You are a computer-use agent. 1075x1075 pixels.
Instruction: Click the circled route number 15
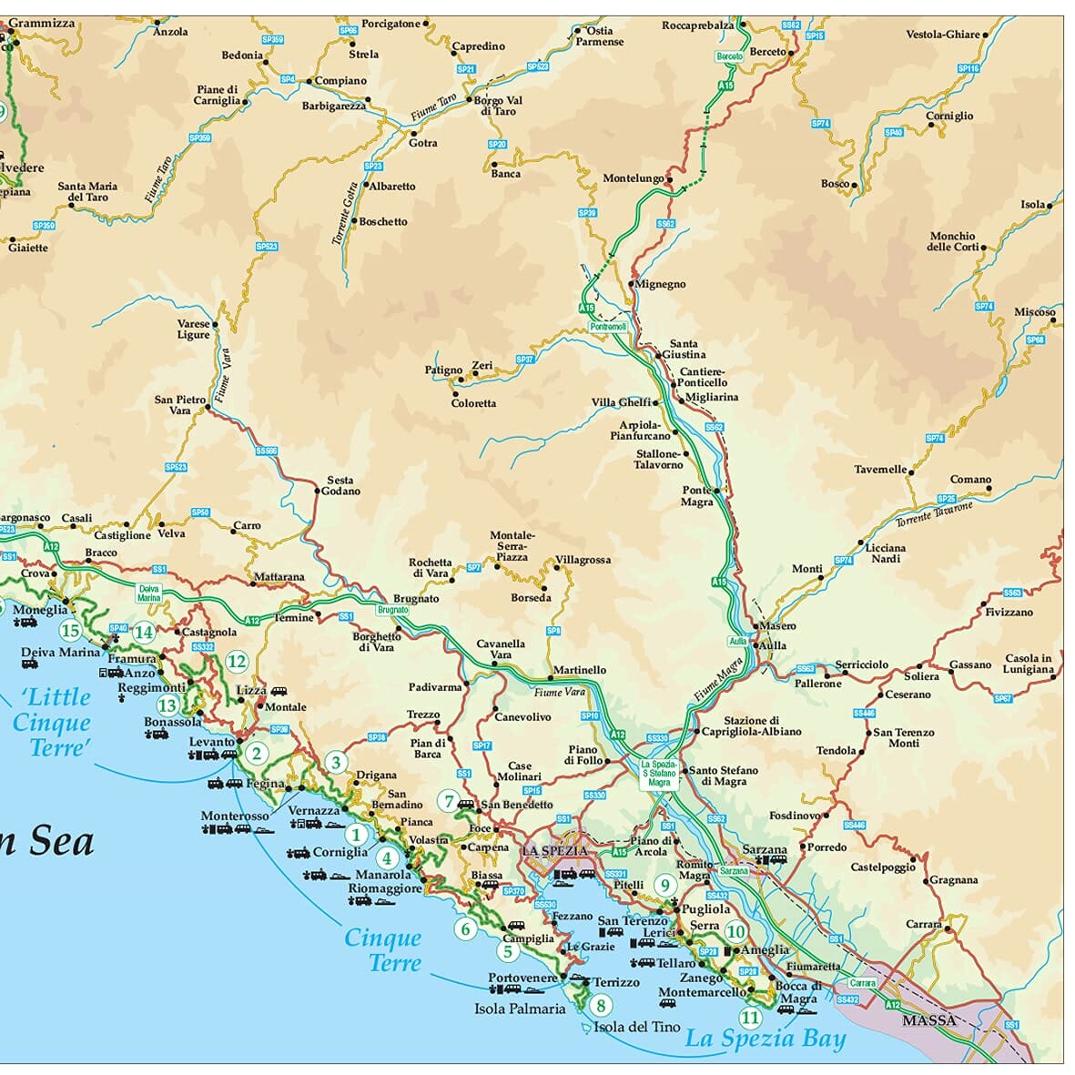70,630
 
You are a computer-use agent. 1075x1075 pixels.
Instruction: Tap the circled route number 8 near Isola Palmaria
600,1006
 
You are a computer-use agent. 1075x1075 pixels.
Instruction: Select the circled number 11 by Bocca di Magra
750,1018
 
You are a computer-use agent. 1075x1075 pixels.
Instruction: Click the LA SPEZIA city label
554,851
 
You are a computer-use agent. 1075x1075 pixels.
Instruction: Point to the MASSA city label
928,1020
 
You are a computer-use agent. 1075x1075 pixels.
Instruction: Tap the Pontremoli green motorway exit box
608,327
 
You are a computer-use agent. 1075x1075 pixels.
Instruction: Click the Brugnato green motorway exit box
392,610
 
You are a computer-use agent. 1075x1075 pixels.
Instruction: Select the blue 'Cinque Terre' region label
383,950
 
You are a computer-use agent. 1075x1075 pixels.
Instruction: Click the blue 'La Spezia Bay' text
765,1039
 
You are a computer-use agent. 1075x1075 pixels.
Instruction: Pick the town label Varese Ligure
193,330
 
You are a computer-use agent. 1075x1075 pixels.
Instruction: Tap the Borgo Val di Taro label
498,106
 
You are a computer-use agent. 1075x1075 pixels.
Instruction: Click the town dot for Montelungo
669,179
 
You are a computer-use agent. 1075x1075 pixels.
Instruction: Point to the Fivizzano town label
1009,613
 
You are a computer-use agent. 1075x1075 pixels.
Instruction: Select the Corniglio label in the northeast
949,117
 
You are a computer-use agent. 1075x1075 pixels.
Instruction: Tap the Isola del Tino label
636,1027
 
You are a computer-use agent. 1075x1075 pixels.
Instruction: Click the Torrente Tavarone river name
934,514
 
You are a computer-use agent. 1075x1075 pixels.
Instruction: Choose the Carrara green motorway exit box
862,983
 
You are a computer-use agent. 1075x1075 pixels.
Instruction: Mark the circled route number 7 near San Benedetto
448,801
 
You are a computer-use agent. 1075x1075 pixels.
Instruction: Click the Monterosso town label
235,816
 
